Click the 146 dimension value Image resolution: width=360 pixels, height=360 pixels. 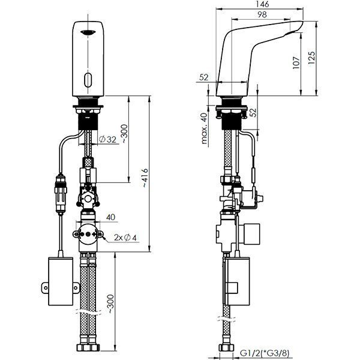[x=262, y=4]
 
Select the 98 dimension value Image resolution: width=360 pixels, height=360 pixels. [x=262, y=14]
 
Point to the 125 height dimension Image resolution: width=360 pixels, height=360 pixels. [x=311, y=58]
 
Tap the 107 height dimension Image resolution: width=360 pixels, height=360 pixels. [x=296, y=62]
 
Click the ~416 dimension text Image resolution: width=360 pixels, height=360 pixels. [x=145, y=178]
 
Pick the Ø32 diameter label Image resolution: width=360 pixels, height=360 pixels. [x=107, y=139]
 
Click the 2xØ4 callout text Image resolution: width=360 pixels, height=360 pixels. [x=125, y=238]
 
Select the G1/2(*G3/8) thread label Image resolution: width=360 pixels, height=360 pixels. [x=265, y=353]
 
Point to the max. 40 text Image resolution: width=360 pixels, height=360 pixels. [x=204, y=128]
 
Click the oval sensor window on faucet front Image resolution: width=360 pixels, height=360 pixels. [x=88, y=80]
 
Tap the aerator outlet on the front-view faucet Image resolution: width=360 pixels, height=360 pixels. [x=88, y=32]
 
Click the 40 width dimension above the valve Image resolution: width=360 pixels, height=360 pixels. [x=110, y=217]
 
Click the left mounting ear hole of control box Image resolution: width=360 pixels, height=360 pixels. [x=46, y=287]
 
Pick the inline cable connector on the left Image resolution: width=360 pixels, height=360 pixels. [x=61, y=194]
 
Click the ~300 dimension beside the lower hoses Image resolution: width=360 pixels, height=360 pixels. [x=110, y=304]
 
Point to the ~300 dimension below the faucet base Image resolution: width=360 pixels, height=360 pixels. [x=124, y=134]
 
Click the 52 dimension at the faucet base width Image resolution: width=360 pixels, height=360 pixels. [x=204, y=77]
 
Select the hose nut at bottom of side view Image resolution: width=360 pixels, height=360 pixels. [x=226, y=347]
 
